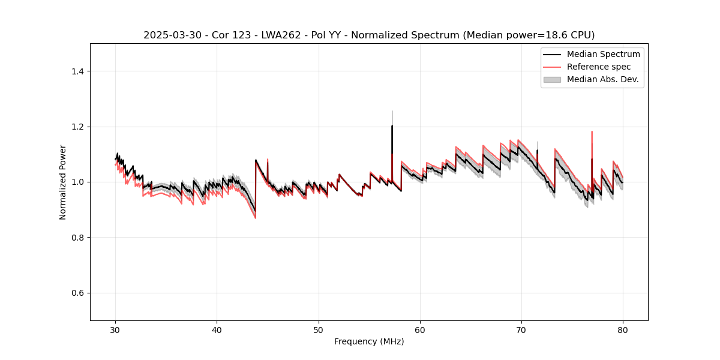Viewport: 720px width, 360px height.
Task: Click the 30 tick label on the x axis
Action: click(x=116, y=330)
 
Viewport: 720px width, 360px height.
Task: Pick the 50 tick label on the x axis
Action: click(x=319, y=330)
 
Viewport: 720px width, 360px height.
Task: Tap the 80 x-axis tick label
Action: click(x=623, y=330)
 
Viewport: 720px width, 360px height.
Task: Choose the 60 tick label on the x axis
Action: click(x=420, y=330)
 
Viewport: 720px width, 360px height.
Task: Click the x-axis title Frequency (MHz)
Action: click(x=369, y=341)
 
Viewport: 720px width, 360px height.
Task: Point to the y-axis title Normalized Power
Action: click(x=63, y=182)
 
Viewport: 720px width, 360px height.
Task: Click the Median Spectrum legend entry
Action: click(x=603, y=54)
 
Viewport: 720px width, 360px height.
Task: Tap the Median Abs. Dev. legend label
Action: click(x=603, y=79)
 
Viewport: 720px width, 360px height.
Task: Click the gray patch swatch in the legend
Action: click(x=552, y=79)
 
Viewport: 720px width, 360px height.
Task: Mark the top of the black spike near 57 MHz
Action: click(x=392, y=126)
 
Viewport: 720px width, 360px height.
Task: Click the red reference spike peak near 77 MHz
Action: click(x=592, y=131)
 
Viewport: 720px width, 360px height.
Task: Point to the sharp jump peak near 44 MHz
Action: click(x=256, y=160)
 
